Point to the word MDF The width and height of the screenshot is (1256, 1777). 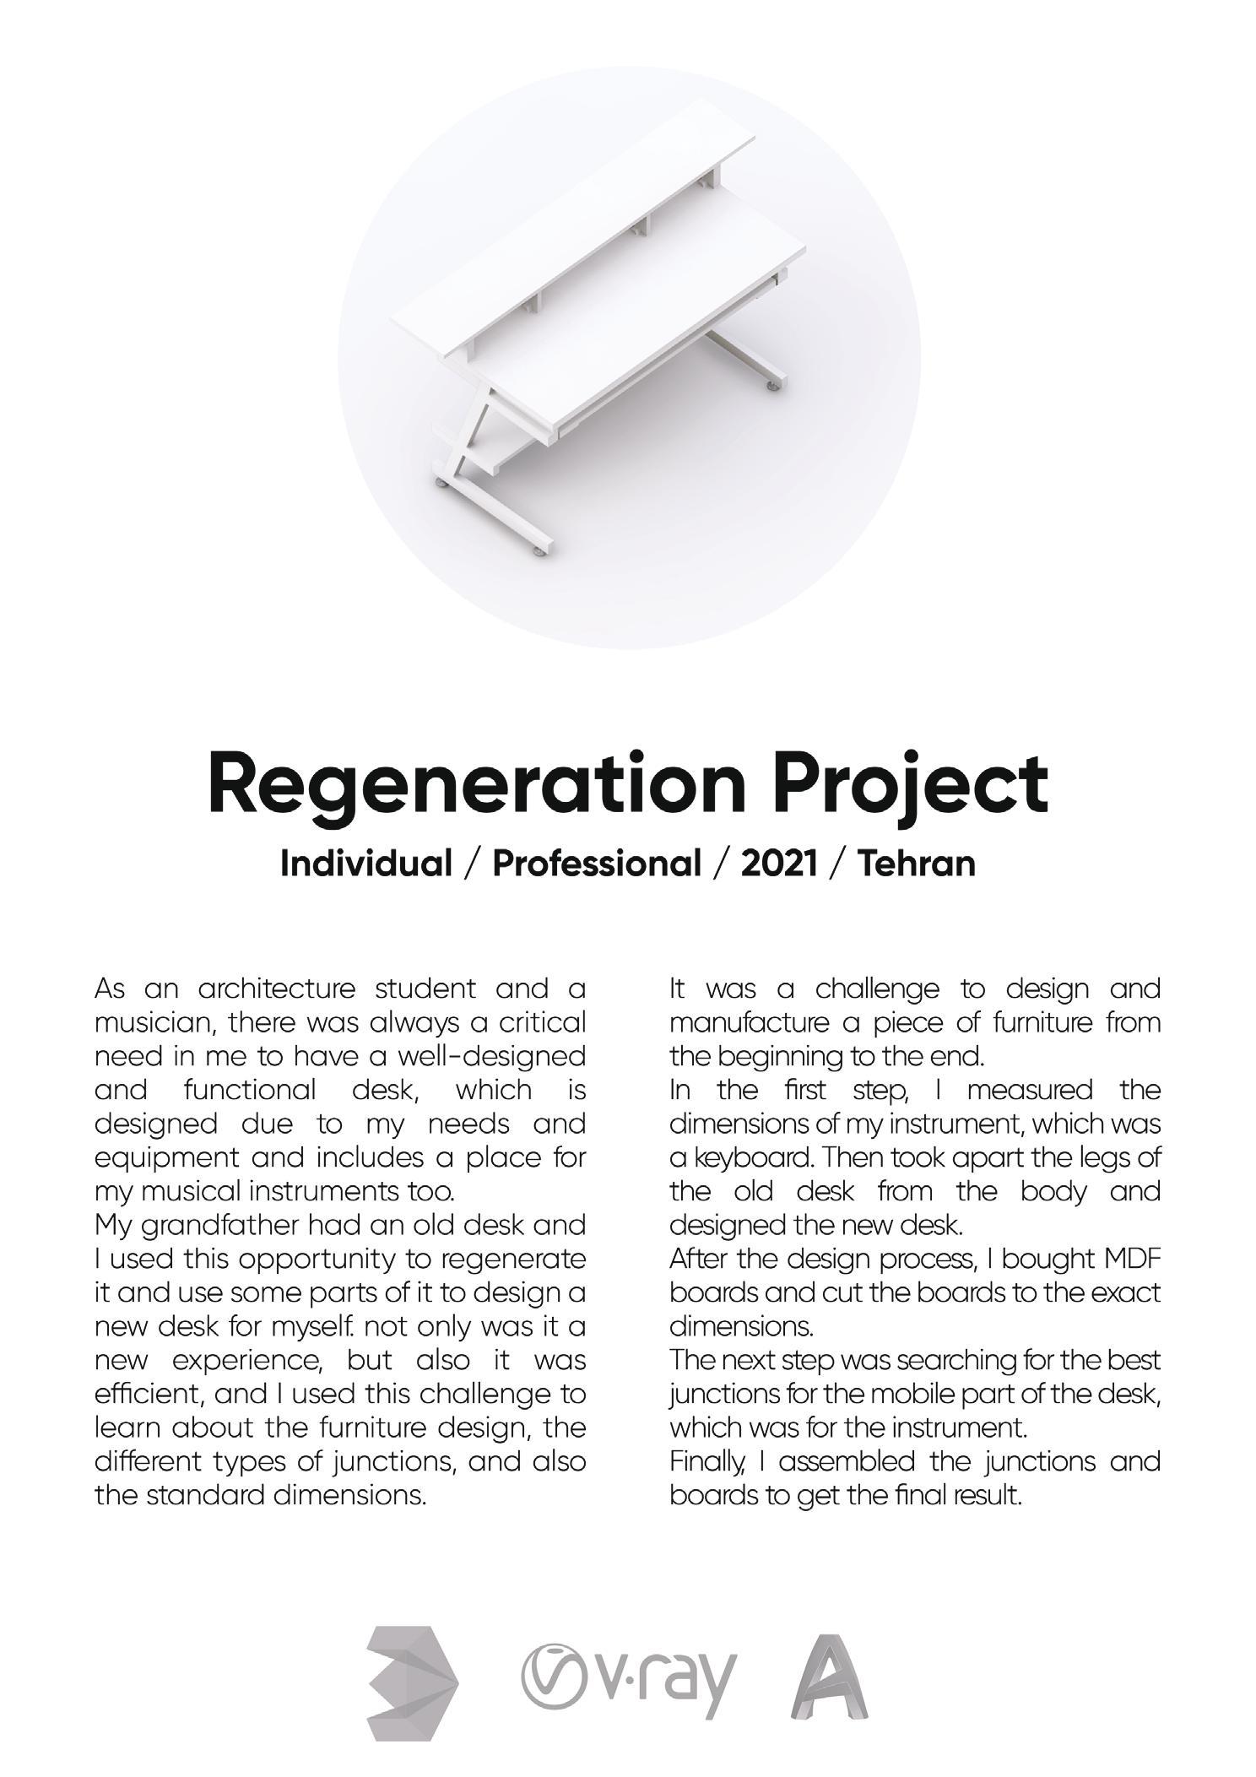[1134, 1259]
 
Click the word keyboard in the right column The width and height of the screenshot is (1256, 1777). [741, 1157]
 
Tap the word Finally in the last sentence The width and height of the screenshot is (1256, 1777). [701, 1461]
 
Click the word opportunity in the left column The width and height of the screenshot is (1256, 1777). [317, 1259]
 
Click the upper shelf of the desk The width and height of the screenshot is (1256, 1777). [574, 228]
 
